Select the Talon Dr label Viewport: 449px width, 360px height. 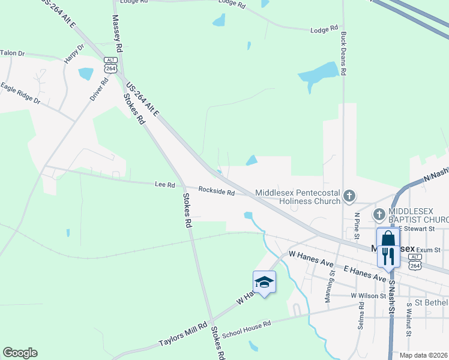point(13,53)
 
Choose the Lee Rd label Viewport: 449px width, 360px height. point(164,185)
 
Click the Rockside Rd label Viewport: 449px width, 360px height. point(217,191)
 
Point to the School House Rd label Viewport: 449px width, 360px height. point(247,329)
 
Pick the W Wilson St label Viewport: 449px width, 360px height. point(368,295)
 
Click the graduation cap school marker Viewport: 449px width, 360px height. point(264,281)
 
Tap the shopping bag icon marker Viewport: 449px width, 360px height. point(388,238)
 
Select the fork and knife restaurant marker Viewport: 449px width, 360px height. point(388,256)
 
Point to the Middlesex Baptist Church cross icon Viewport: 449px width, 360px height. point(379,214)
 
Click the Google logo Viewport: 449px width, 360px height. point(20,353)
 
